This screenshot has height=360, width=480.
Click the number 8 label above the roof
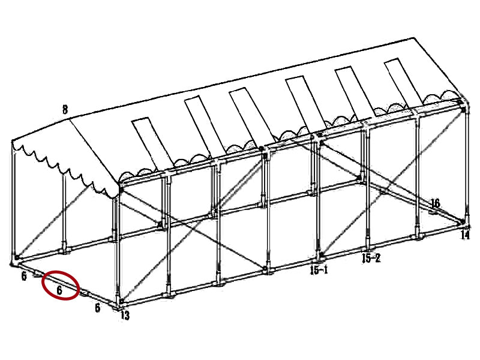(65, 109)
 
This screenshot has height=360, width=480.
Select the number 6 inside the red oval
(59, 290)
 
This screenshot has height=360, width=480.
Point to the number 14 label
(465, 236)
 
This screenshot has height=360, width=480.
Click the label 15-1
(319, 271)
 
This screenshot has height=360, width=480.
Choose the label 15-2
(370, 259)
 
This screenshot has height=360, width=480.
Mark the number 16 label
(435, 203)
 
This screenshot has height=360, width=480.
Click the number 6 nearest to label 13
(97, 308)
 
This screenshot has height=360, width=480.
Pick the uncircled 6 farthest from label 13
(24, 276)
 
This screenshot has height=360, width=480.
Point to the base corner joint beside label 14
(465, 224)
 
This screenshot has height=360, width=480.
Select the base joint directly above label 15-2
(368, 247)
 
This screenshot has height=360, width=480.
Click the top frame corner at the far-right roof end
(462, 103)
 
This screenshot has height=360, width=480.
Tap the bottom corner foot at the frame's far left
(15, 262)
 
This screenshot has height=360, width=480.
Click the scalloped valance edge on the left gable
(60, 168)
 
